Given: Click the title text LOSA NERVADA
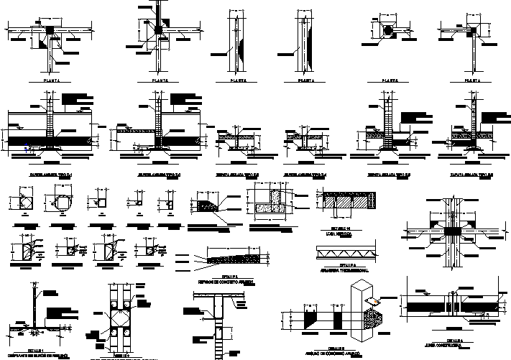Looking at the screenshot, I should [x=346, y=232].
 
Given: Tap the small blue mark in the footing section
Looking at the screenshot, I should [x=27, y=151].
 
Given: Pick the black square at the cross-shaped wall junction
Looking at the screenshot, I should [x=157, y=29].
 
